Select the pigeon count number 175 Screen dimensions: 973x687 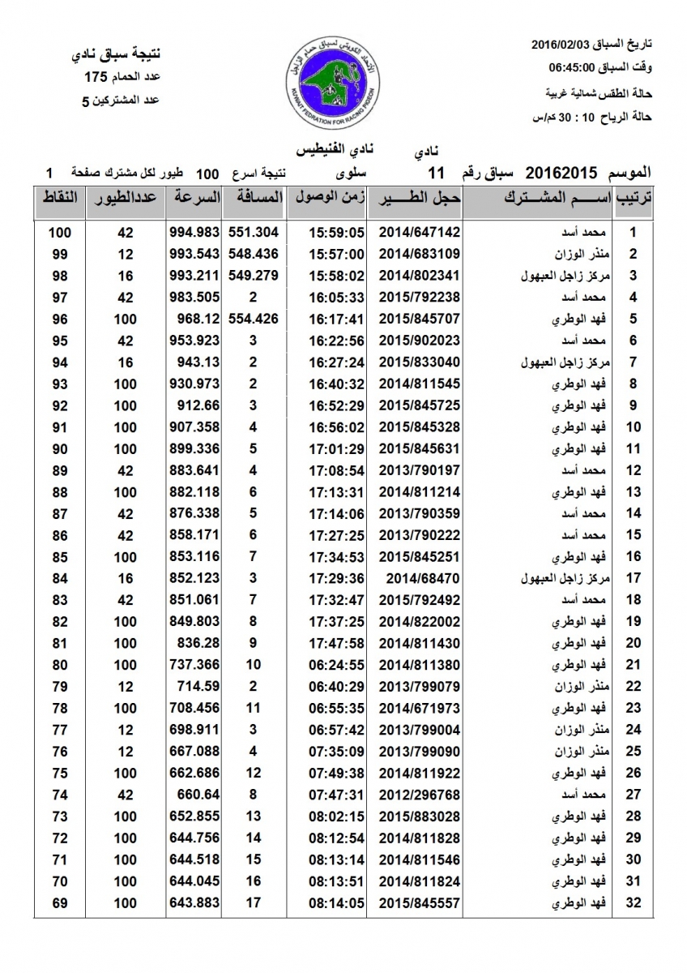pyautogui.click(x=96, y=78)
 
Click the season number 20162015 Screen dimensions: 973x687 pyautogui.click(x=561, y=174)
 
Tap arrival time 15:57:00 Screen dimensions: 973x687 pyautogui.click(x=337, y=253)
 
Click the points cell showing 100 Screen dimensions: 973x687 pyautogui.click(x=59, y=231)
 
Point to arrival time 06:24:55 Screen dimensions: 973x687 pyautogui.click(x=337, y=665)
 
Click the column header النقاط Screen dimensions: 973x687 pyautogui.click(x=59, y=198)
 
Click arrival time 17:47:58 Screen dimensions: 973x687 pyautogui.click(x=337, y=643)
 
